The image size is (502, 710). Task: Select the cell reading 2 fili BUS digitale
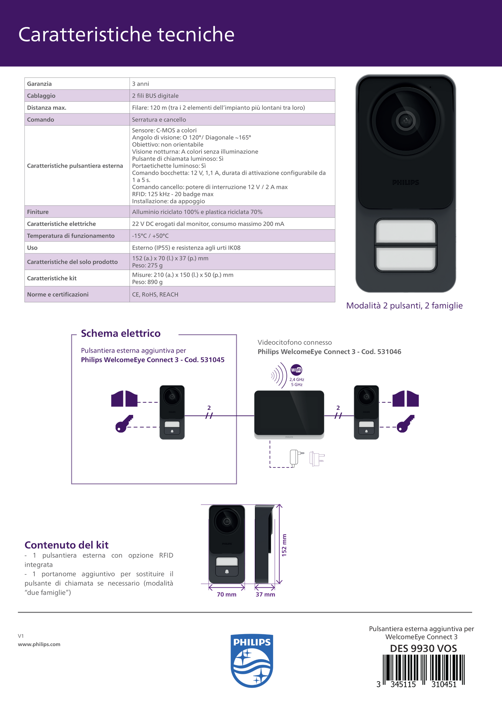155,96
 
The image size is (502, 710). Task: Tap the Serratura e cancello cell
159,119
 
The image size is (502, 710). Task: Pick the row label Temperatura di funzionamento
71,236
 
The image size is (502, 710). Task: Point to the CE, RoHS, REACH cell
155,294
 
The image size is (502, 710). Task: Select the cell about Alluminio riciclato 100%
197,212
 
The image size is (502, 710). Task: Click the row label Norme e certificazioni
58,294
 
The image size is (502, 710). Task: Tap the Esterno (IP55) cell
186,248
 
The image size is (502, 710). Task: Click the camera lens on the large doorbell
406,120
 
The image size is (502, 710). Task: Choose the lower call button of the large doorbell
406,259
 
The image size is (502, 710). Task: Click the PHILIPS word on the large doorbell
406,182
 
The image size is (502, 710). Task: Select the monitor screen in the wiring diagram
289,412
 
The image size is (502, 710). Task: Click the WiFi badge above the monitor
296,370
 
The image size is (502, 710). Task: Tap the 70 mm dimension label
227,594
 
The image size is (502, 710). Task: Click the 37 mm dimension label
265,594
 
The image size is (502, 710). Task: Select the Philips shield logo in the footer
252,660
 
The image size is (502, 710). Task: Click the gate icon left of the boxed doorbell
124,399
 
